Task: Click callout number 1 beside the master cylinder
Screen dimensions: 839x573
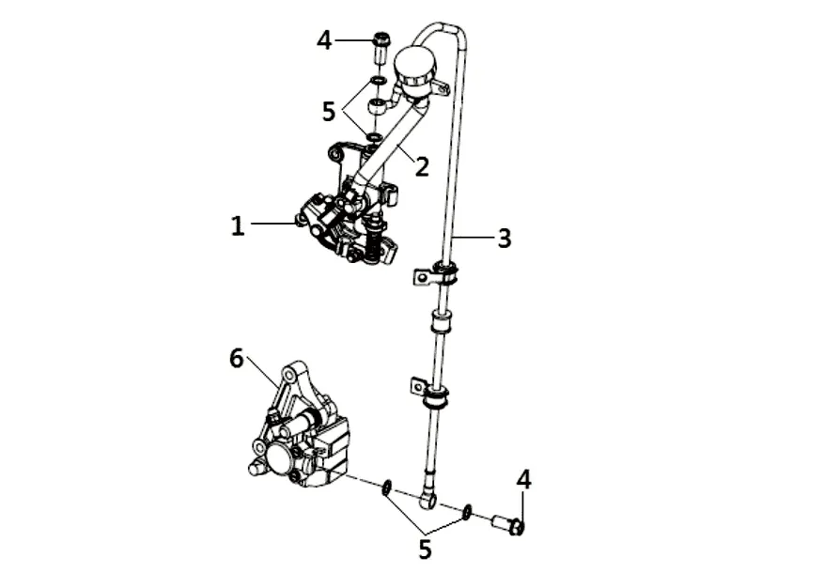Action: (238, 225)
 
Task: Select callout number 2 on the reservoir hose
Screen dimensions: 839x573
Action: (422, 167)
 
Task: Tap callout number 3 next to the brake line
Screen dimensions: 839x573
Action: (505, 238)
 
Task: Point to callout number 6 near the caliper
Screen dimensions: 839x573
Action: (236, 358)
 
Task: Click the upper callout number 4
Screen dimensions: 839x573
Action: (324, 40)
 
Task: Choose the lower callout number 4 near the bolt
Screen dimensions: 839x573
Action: (523, 480)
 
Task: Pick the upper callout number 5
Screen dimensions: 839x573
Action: (328, 112)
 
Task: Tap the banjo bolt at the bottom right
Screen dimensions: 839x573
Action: (507, 523)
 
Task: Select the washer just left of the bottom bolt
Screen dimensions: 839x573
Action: (466, 512)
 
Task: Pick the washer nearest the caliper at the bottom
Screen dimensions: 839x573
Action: (385, 488)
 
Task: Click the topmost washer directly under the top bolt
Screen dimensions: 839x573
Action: (377, 80)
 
